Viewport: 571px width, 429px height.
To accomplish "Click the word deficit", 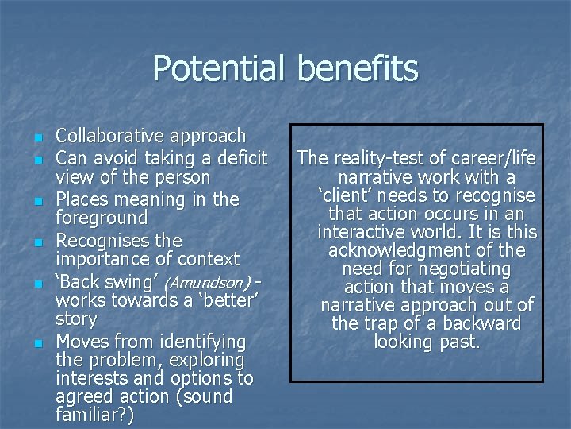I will [236, 157].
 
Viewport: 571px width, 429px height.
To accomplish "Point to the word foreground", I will [102, 218].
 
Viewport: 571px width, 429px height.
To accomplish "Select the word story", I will [76, 319].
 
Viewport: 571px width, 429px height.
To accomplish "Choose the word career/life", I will [492, 159].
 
